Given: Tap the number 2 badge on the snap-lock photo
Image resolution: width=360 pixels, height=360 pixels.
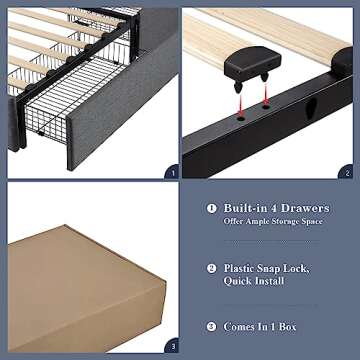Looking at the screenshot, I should [346, 172].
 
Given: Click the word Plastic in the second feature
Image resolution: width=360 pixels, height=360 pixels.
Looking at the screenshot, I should [244, 268].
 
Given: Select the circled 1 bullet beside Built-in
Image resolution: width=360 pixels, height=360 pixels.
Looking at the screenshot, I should [211, 208].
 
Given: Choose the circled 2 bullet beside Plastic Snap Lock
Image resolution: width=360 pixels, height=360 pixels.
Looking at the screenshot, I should [211, 268].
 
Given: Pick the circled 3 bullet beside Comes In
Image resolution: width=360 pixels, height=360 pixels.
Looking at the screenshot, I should [211, 326].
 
